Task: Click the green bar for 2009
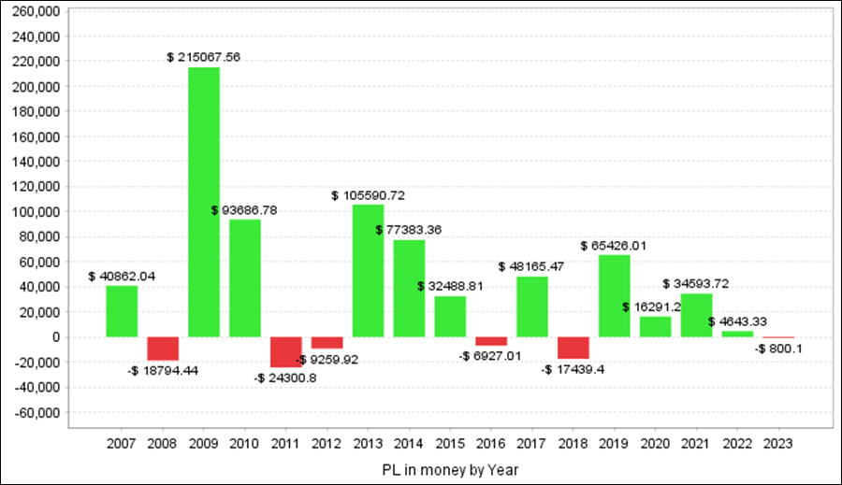tap(204, 202)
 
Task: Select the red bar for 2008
tap(163, 348)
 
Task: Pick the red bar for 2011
tap(285, 351)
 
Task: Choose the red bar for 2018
tap(573, 347)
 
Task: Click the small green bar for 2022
tap(736, 334)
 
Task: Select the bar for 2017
tap(531, 307)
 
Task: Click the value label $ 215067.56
tap(204, 57)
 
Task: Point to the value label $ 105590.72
tap(368, 195)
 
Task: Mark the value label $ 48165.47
tap(531, 266)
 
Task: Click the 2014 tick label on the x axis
tap(409, 443)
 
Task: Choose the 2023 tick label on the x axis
tap(777, 443)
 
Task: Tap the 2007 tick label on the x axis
tap(122, 443)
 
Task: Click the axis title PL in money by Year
tap(450, 469)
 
